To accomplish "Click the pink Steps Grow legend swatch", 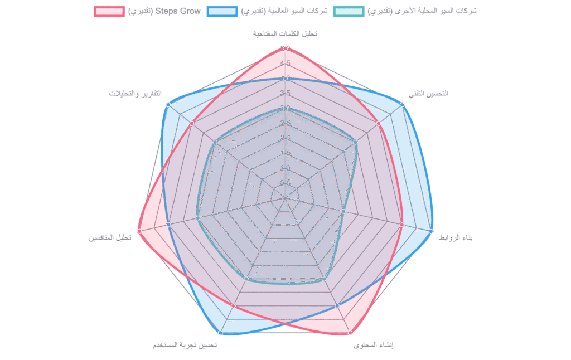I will tap(109, 11).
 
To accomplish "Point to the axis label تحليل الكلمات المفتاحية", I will tap(285, 33).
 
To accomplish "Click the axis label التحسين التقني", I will tap(428, 94).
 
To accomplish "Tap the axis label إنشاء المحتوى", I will tap(373, 346).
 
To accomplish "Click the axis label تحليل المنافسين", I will tap(110, 238).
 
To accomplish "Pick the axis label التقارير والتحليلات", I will tap(136, 93).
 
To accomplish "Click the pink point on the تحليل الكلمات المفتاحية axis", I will tap(285, 48).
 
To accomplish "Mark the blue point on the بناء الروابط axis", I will tap(430, 231).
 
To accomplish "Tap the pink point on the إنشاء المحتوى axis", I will tap(350, 333).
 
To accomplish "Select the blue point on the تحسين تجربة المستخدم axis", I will tap(220, 333).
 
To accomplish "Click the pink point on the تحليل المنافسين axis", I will tap(139, 231).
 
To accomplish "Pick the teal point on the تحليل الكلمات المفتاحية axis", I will tap(285, 108).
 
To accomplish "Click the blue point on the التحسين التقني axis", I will tap(402, 104).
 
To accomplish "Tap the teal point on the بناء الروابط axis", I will tap(343, 211).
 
